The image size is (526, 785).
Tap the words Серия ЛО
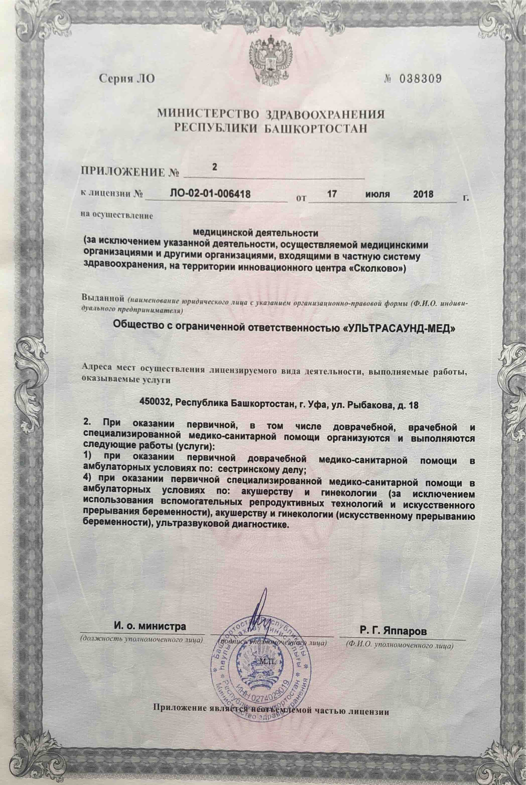tap(127, 78)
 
